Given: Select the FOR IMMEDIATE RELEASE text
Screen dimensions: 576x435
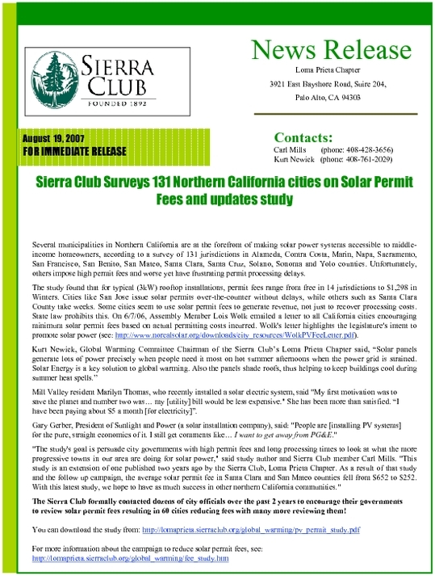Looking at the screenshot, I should click(x=71, y=151).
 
